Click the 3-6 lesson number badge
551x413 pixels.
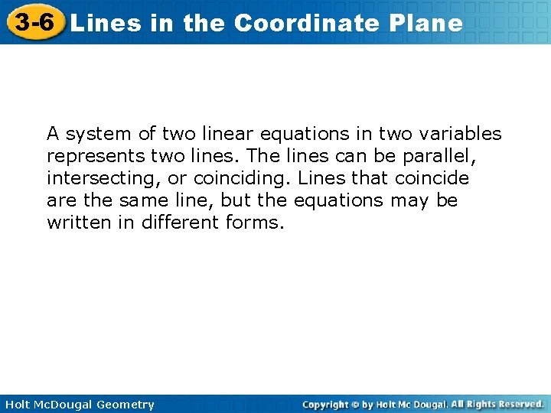(x=34, y=22)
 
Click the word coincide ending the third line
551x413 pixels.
(x=432, y=178)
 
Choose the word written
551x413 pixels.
(x=75, y=223)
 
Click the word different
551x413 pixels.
(x=181, y=223)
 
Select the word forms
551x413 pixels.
(x=254, y=223)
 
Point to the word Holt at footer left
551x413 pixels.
(x=17, y=405)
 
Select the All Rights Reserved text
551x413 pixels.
(x=497, y=404)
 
